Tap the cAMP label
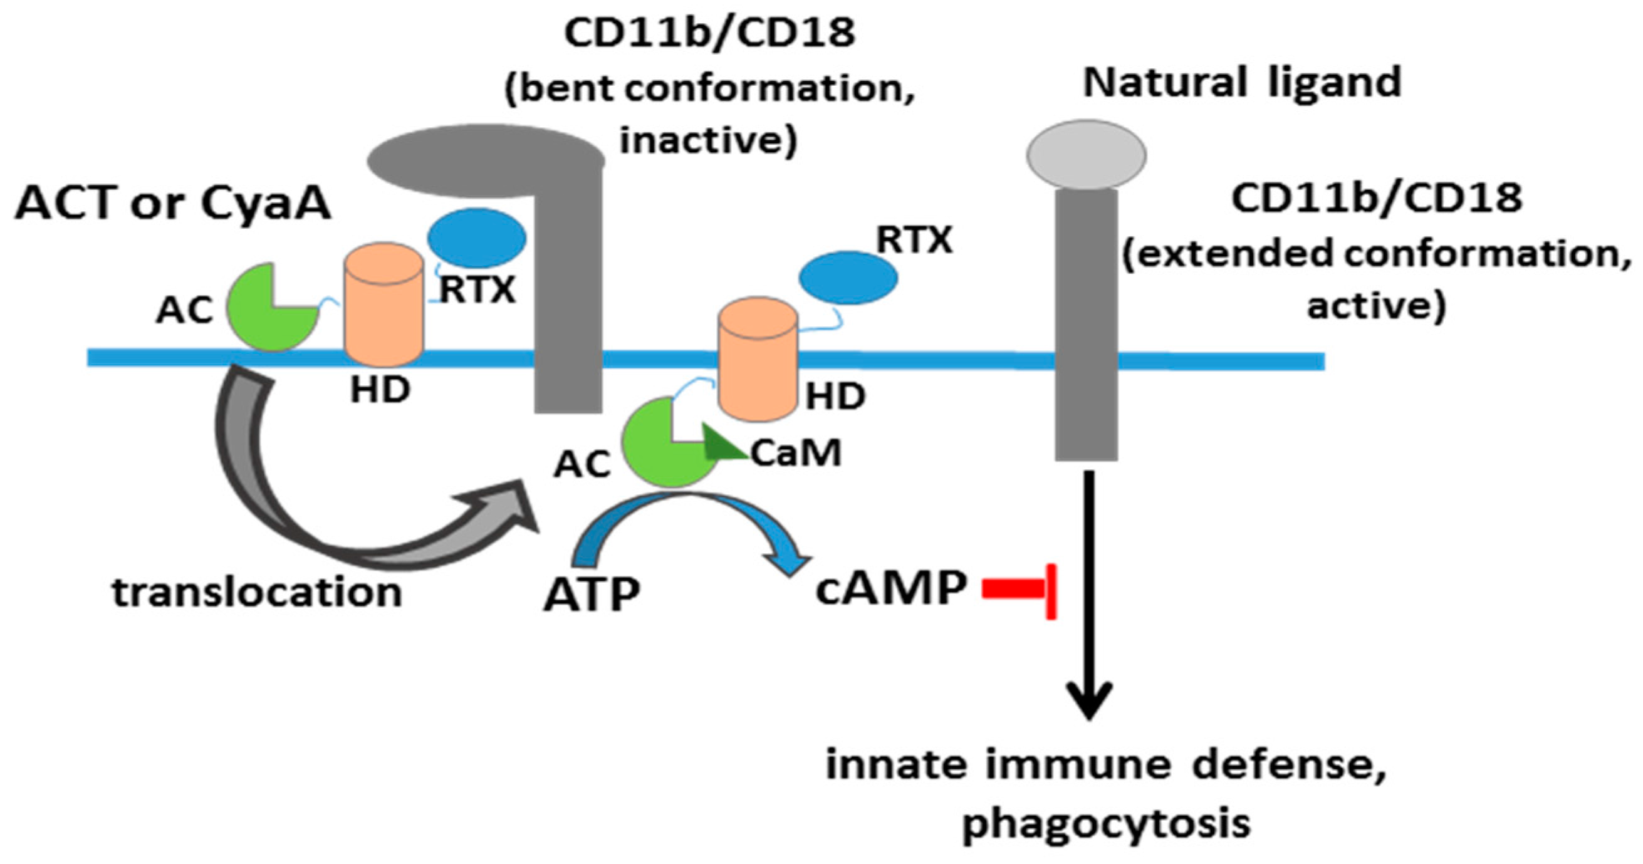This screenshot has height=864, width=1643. (890, 588)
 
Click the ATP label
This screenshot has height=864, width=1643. (592, 595)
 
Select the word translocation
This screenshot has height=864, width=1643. (257, 592)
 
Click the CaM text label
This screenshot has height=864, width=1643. (796, 454)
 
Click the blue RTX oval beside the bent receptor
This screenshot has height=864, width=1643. (476, 238)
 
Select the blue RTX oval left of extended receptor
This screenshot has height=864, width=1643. (848, 278)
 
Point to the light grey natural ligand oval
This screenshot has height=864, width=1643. (1085, 155)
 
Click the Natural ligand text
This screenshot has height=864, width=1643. (1242, 83)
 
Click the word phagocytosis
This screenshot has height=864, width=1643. (1106, 823)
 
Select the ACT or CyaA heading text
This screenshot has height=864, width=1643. (174, 204)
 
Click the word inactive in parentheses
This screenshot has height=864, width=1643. (708, 140)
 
